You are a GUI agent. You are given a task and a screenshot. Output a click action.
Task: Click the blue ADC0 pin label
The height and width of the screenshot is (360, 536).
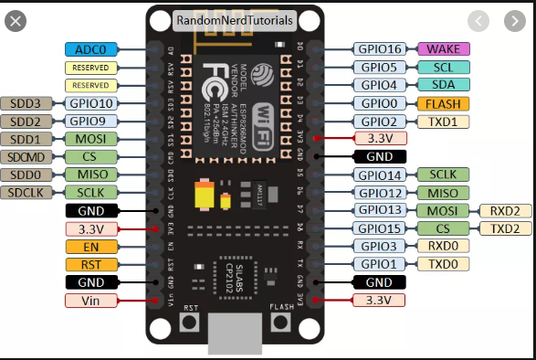(91, 49)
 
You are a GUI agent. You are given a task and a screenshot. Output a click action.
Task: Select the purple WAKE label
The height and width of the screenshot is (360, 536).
(444, 49)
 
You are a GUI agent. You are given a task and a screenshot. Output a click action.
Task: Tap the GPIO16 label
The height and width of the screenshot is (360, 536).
(382, 49)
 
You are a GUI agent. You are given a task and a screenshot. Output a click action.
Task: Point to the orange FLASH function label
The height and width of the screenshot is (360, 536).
(444, 103)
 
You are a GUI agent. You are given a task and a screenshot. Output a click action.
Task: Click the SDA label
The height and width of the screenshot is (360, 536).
(444, 85)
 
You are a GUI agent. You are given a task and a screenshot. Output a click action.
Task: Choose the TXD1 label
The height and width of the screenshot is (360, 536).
(444, 121)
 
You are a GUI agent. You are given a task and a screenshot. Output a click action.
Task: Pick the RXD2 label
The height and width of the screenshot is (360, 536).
(505, 211)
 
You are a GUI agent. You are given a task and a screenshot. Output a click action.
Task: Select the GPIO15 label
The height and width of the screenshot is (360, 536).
(382, 228)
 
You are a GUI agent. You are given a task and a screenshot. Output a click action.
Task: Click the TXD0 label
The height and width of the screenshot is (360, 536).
(444, 264)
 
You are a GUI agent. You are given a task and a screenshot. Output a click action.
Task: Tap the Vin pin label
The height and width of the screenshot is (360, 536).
(91, 301)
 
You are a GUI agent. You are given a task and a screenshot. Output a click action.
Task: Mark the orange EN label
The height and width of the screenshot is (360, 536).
(91, 247)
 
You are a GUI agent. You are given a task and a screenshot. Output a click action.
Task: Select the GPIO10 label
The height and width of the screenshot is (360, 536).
(91, 103)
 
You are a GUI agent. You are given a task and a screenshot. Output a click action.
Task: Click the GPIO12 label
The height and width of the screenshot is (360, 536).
(382, 193)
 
